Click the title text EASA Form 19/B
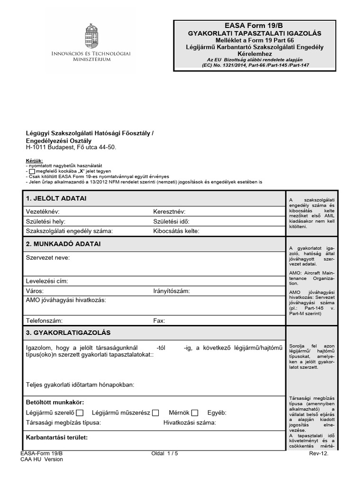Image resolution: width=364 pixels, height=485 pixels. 255,25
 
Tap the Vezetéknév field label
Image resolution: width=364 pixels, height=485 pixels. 42,212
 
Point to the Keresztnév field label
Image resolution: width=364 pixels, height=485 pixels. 169,212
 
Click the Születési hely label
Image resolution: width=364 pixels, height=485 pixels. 45,221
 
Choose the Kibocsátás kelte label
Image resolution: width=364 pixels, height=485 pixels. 176,231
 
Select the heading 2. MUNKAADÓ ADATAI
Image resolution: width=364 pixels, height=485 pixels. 63,244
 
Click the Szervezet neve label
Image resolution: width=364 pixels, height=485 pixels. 47,258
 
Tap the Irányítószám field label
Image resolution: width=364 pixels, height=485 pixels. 172,291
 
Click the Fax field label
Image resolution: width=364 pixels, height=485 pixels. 159,321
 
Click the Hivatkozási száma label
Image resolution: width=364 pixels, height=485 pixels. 190,422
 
